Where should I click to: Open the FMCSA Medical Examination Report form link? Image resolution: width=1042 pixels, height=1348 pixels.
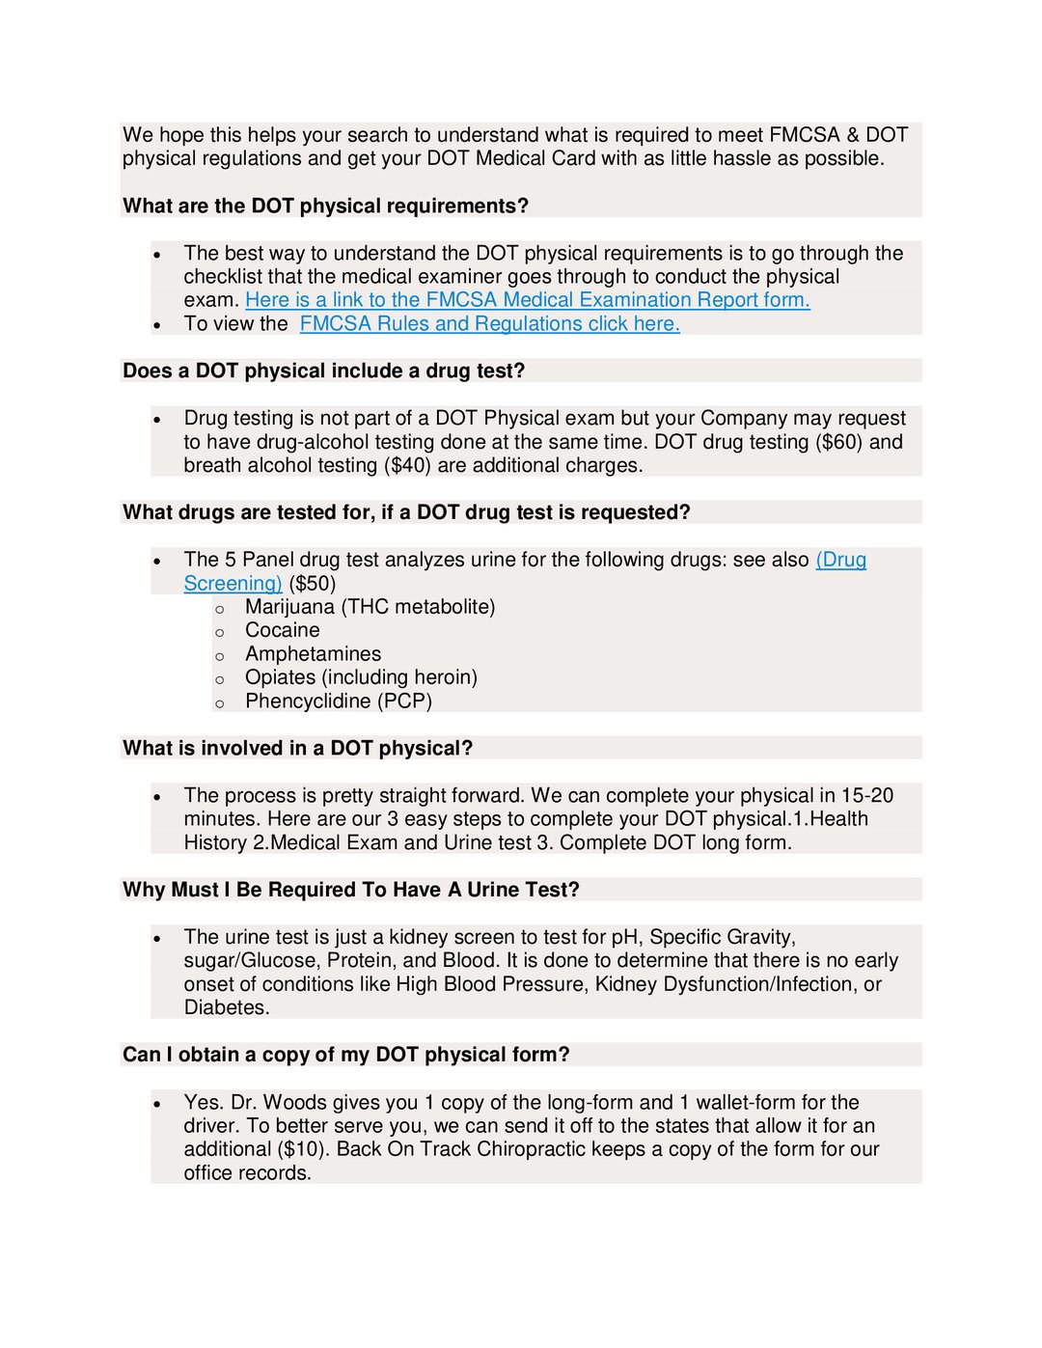point(527,300)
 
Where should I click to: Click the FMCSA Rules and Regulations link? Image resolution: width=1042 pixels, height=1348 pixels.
point(489,324)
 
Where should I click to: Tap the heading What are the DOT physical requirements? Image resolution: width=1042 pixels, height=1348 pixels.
point(325,206)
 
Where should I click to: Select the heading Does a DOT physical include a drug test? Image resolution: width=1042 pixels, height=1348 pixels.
point(323,371)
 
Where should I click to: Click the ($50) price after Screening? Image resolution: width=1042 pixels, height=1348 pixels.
point(313,584)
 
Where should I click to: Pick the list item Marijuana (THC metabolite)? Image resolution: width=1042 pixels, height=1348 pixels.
point(370,607)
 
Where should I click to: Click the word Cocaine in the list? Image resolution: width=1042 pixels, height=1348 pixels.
point(282,631)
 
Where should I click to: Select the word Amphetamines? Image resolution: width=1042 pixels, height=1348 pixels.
point(313,654)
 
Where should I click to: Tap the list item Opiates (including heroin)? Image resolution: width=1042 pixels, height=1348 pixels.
point(361,677)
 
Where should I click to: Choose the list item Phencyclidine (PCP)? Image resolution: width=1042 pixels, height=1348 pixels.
point(338,702)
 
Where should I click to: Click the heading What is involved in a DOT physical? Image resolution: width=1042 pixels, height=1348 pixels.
point(297,749)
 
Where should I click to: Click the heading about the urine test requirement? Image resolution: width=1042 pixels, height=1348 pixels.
point(350,890)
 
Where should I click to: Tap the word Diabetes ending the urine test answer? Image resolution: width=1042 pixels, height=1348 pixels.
point(227,1008)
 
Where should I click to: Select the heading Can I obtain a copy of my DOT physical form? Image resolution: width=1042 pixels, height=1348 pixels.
point(345,1055)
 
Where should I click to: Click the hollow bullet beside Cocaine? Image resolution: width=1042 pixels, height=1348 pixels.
point(220,633)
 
